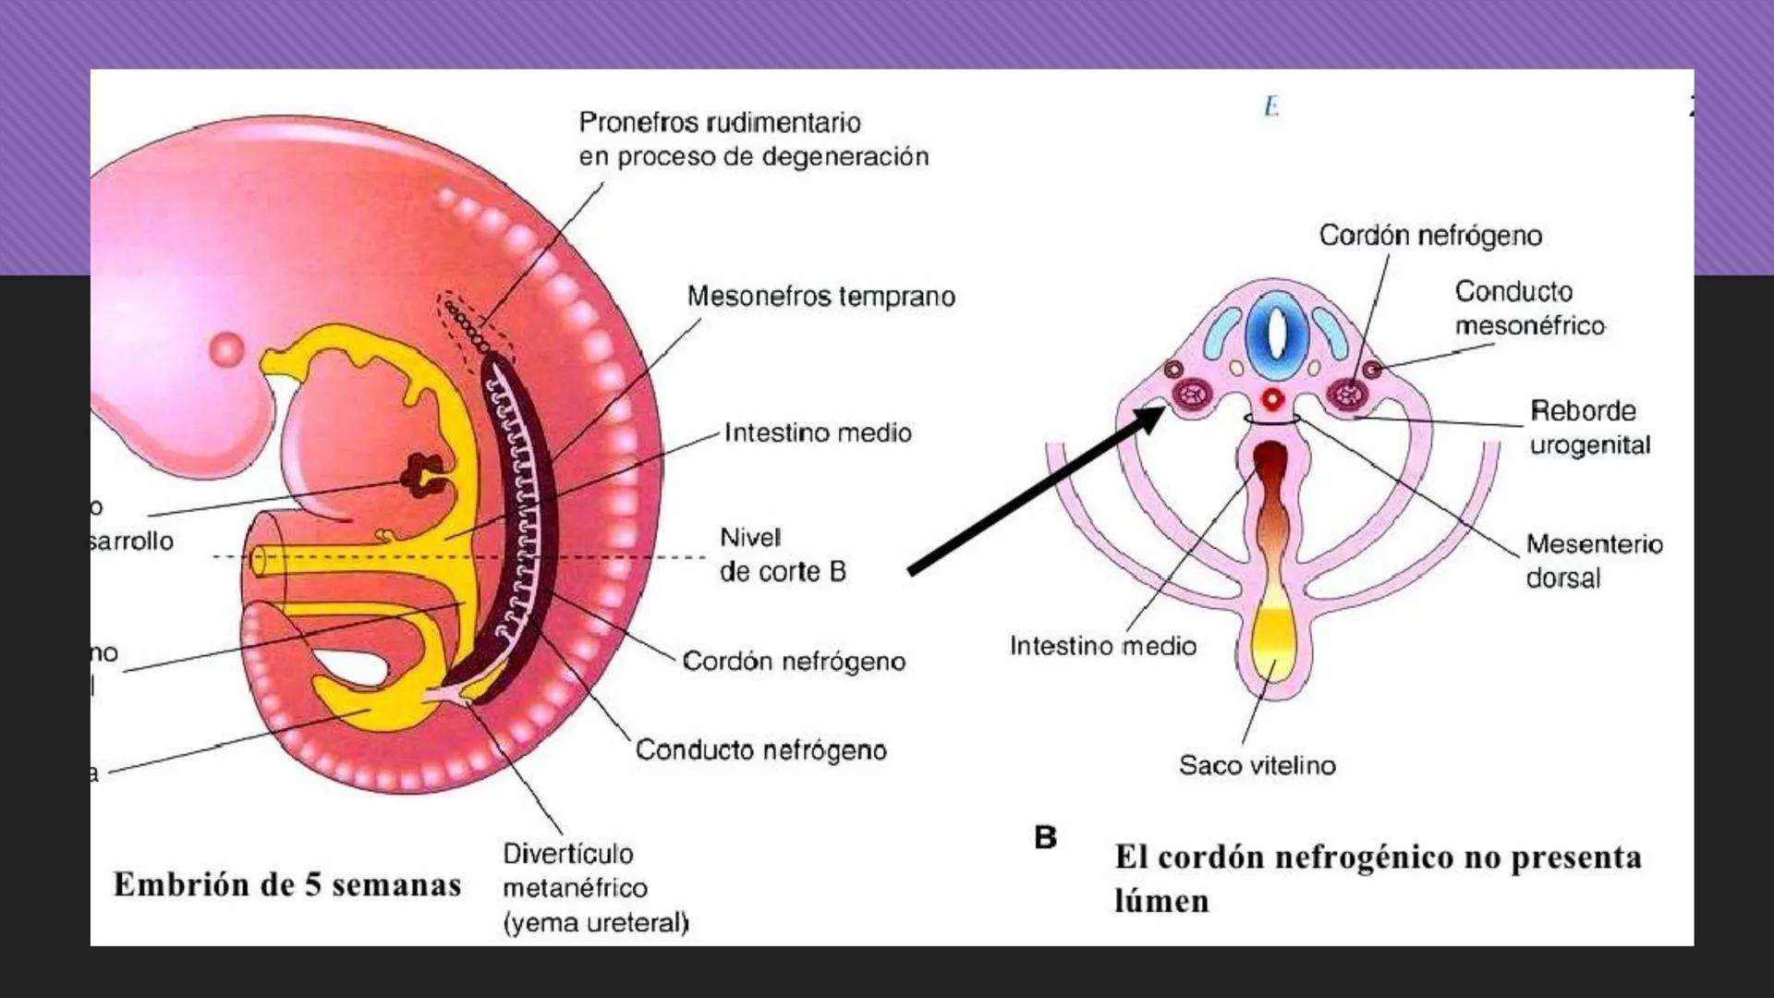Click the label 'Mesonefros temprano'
tap(820, 297)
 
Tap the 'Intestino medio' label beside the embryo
tap(817, 432)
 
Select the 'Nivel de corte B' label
tap(782, 554)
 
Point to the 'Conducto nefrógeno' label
tap(760, 749)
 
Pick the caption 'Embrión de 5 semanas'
tap(287, 884)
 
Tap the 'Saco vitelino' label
tap(1257, 765)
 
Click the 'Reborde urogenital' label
tap(1589, 428)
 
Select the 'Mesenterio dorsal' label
tap(1593, 560)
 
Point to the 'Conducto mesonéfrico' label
tap(1528, 308)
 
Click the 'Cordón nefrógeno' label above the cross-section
tap(1430, 236)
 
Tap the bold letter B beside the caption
tap(1045, 837)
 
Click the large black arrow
tap(1035, 490)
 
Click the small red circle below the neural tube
tap(1273, 400)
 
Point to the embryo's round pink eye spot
tap(226, 349)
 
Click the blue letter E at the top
tap(1271, 107)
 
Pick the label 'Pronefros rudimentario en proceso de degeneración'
tap(753, 140)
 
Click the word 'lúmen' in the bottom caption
tap(1161, 900)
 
